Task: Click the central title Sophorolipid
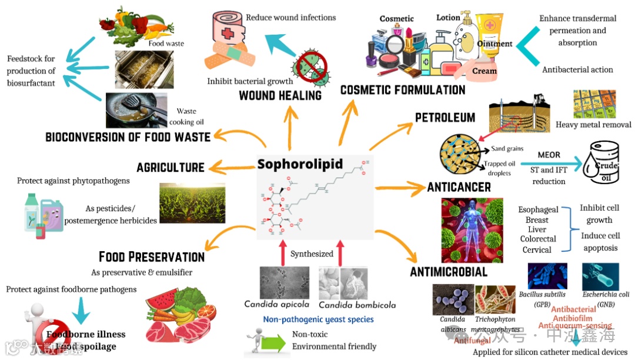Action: [x=300, y=164]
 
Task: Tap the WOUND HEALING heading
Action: [x=280, y=95]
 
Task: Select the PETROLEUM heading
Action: [x=445, y=118]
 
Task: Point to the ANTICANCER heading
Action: [x=459, y=188]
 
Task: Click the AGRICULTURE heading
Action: [x=171, y=168]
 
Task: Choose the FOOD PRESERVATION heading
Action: [x=152, y=257]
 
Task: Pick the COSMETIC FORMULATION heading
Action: [x=403, y=90]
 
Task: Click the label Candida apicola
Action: [x=276, y=304]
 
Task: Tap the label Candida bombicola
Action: [x=357, y=305]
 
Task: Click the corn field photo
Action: [x=192, y=203]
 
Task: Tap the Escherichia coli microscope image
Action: [x=600, y=276]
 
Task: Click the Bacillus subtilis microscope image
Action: [x=547, y=276]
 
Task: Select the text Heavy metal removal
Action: [x=593, y=125]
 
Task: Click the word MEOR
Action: [x=549, y=155]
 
